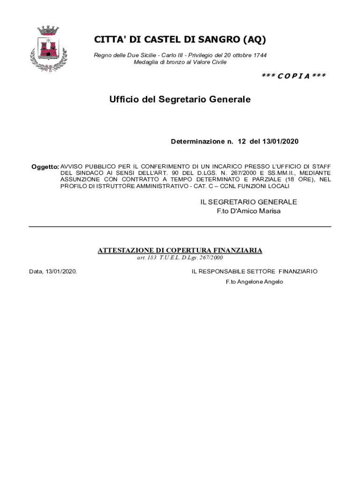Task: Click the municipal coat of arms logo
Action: point(48,49)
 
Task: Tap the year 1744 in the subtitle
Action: point(259,55)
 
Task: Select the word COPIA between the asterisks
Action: point(288,76)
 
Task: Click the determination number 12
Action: point(241,141)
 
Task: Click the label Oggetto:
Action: point(45,167)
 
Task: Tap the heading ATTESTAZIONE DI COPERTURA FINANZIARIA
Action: point(180,251)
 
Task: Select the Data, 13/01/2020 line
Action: point(53,271)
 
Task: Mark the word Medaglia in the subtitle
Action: point(145,62)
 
